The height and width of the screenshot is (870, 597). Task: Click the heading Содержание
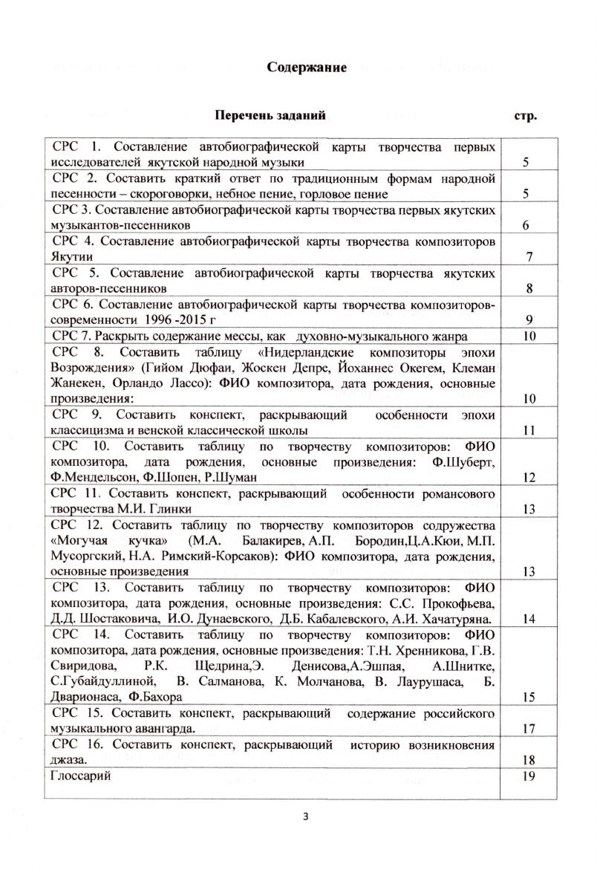tap(307, 68)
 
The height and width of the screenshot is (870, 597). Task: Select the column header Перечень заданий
tap(270, 116)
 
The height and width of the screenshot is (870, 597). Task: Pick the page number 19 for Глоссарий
tap(529, 776)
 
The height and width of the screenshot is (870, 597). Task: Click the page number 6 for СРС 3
tap(525, 226)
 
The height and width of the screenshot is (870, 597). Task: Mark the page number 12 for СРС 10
tap(529, 478)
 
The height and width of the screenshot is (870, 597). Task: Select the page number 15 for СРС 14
tap(529, 697)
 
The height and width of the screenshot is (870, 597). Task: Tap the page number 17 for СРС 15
tap(529, 729)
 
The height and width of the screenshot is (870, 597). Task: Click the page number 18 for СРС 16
tap(529, 760)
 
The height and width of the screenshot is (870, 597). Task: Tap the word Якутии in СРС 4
tap(72, 257)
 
